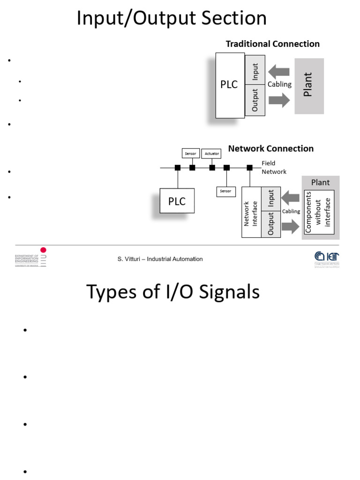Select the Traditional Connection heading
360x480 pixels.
coord(272,44)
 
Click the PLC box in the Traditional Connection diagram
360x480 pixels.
coord(230,85)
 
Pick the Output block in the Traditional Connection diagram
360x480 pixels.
coord(255,100)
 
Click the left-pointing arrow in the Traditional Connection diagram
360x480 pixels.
coord(279,72)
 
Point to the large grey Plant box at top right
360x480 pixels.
coord(309,86)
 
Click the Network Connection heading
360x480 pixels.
coord(270,149)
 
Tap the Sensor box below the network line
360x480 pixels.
coord(225,191)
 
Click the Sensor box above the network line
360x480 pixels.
coord(190,153)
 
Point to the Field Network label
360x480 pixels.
coord(274,168)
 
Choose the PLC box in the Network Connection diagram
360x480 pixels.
coord(177,201)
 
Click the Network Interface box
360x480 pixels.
coord(251,212)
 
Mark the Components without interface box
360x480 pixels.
coord(319,211)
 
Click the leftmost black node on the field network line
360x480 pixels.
coord(178,167)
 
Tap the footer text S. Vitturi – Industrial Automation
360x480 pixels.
coord(160,259)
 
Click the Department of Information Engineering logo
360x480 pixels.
coord(31,257)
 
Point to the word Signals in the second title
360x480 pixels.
coord(225,292)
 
